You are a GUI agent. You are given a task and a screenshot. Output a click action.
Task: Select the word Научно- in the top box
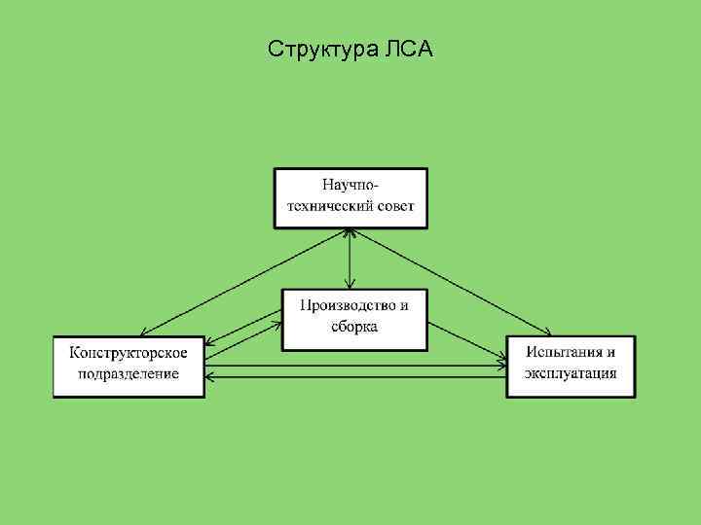[x=350, y=184]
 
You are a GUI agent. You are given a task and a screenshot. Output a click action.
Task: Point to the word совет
[x=393, y=206]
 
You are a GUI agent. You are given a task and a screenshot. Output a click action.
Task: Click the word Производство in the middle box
[x=342, y=305]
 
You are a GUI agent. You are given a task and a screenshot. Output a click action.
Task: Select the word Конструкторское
[x=129, y=352]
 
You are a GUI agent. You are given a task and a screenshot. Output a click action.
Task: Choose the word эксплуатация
[x=572, y=374]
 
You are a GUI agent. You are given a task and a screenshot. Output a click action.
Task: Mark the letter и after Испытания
[x=610, y=352]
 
